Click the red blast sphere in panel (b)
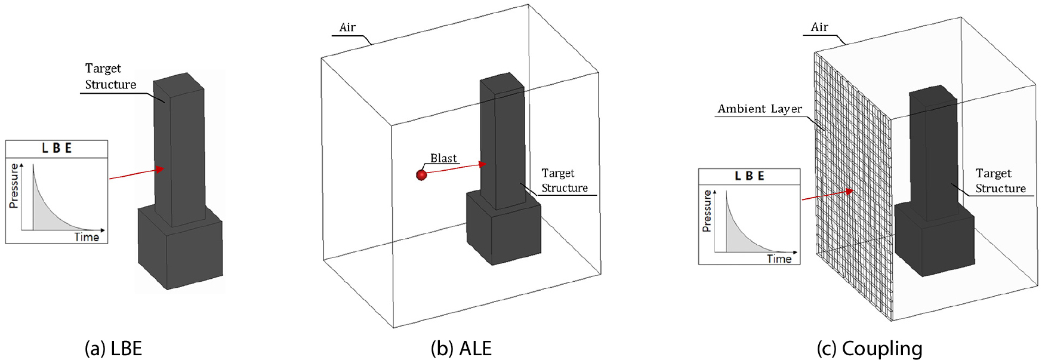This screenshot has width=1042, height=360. (421, 175)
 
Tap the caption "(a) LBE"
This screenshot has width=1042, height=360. (113, 349)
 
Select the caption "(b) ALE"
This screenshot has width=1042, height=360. (461, 349)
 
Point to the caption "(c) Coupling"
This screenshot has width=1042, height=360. (870, 349)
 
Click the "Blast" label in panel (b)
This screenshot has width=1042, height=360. (443, 158)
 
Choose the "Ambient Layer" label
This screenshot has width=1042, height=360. (760, 109)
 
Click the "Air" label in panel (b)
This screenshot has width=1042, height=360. (347, 27)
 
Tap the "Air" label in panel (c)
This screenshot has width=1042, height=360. (819, 27)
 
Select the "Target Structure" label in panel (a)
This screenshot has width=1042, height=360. (110, 76)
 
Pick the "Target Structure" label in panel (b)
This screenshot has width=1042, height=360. (564, 180)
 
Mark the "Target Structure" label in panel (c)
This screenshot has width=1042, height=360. (1000, 181)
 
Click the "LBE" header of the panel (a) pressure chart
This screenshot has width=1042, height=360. (57, 149)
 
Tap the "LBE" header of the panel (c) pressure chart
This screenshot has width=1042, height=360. (749, 176)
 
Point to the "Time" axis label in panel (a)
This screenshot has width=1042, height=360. (87, 237)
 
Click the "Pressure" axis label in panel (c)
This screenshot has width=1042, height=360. (707, 211)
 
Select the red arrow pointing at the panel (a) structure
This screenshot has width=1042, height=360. (137, 174)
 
